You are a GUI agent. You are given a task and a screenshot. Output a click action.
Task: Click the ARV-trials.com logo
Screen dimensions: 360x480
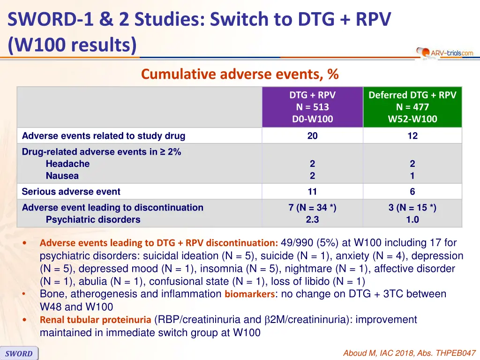click(445, 53)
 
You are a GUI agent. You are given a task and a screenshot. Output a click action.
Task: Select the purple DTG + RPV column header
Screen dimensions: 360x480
click(312, 107)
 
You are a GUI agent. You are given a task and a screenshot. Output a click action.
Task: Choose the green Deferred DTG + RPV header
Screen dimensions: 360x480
click(412, 107)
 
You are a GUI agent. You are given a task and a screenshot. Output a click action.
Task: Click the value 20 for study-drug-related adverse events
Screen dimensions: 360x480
click(312, 136)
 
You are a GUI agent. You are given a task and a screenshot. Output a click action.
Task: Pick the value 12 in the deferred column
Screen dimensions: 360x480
click(412, 136)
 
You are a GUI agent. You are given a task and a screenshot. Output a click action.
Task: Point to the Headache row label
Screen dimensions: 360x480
click(67, 164)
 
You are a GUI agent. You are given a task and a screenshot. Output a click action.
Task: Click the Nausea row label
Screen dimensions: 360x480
click(62, 176)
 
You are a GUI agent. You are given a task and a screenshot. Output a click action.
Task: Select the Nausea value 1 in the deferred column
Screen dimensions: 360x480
click(412, 176)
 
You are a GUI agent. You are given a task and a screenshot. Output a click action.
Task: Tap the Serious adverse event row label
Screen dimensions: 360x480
click(71, 192)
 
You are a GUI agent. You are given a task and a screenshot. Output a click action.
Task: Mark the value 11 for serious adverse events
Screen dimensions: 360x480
click(312, 191)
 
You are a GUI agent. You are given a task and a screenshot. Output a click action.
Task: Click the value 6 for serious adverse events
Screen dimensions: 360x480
click(412, 191)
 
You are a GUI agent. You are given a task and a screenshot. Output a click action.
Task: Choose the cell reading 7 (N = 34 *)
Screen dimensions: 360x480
click(312, 208)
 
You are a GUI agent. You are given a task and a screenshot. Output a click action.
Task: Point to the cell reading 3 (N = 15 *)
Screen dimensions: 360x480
click(412, 208)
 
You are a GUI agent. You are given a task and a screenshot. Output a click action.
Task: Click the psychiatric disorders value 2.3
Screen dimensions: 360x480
click(312, 219)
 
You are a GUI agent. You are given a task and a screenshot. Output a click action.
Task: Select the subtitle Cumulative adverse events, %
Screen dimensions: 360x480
click(240, 75)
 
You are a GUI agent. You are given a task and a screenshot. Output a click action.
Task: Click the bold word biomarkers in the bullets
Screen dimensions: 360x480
click(249, 294)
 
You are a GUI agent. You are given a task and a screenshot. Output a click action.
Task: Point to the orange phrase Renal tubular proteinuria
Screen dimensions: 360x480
click(95, 320)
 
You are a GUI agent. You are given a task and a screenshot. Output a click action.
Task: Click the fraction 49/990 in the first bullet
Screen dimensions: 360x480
click(297, 243)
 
